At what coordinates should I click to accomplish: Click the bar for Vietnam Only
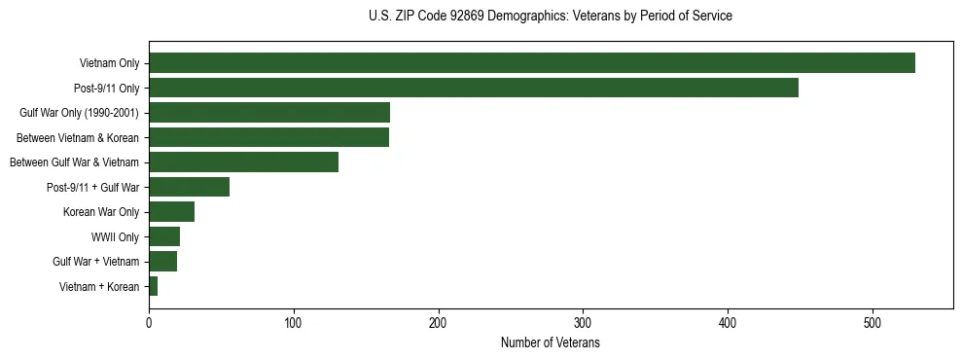click(x=531, y=63)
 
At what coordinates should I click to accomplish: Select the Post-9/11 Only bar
click(x=473, y=88)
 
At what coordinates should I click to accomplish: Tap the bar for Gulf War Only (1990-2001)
click(x=268, y=113)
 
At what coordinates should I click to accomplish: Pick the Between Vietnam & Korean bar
click(x=268, y=137)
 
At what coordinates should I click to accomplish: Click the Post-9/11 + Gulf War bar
click(x=189, y=187)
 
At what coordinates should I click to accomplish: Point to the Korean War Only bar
click(x=171, y=212)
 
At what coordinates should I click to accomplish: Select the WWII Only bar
click(x=164, y=236)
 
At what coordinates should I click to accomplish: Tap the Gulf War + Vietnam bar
click(x=162, y=262)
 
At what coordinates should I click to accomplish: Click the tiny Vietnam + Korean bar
click(x=153, y=286)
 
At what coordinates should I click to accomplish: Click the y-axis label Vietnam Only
click(x=109, y=63)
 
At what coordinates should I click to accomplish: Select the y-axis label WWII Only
click(x=115, y=236)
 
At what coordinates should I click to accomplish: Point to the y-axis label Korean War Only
click(x=101, y=212)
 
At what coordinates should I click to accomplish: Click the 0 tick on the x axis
click(x=149, y=322)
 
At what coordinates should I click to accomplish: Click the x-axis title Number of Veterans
click(x=550, y=342)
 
